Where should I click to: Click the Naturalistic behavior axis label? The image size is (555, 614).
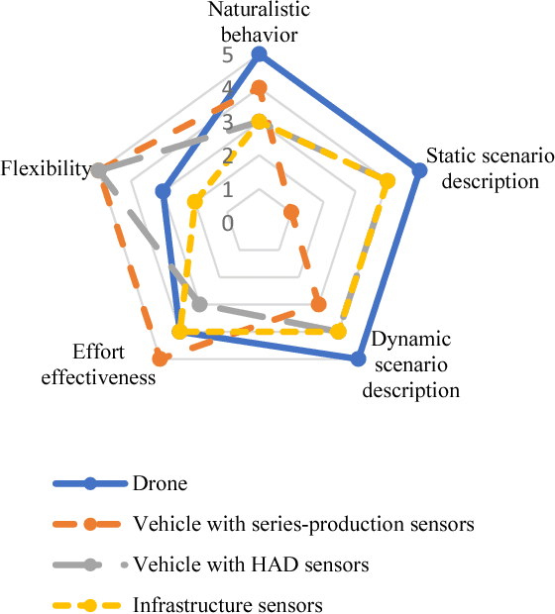tap(259, 22)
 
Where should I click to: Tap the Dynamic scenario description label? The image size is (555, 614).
tap(411, 364)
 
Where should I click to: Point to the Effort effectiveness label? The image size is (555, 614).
tap(112, 363)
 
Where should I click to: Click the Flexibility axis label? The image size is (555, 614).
tap(46, 168)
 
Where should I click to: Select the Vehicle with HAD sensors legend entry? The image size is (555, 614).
tap(251, 564)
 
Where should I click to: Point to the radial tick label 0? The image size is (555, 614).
tap(228, 222)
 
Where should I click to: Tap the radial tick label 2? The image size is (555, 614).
tap(228, 155)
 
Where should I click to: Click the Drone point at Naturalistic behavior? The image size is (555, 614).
tap(259, 53)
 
